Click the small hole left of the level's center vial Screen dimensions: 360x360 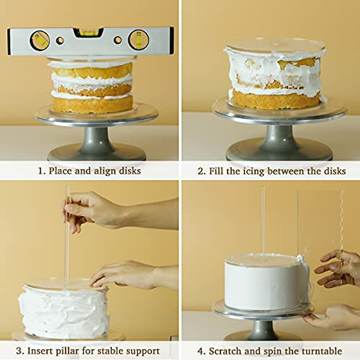pos(60,40)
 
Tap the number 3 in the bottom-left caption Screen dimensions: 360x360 pos(19,351)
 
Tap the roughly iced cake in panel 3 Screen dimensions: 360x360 pos(63,309)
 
